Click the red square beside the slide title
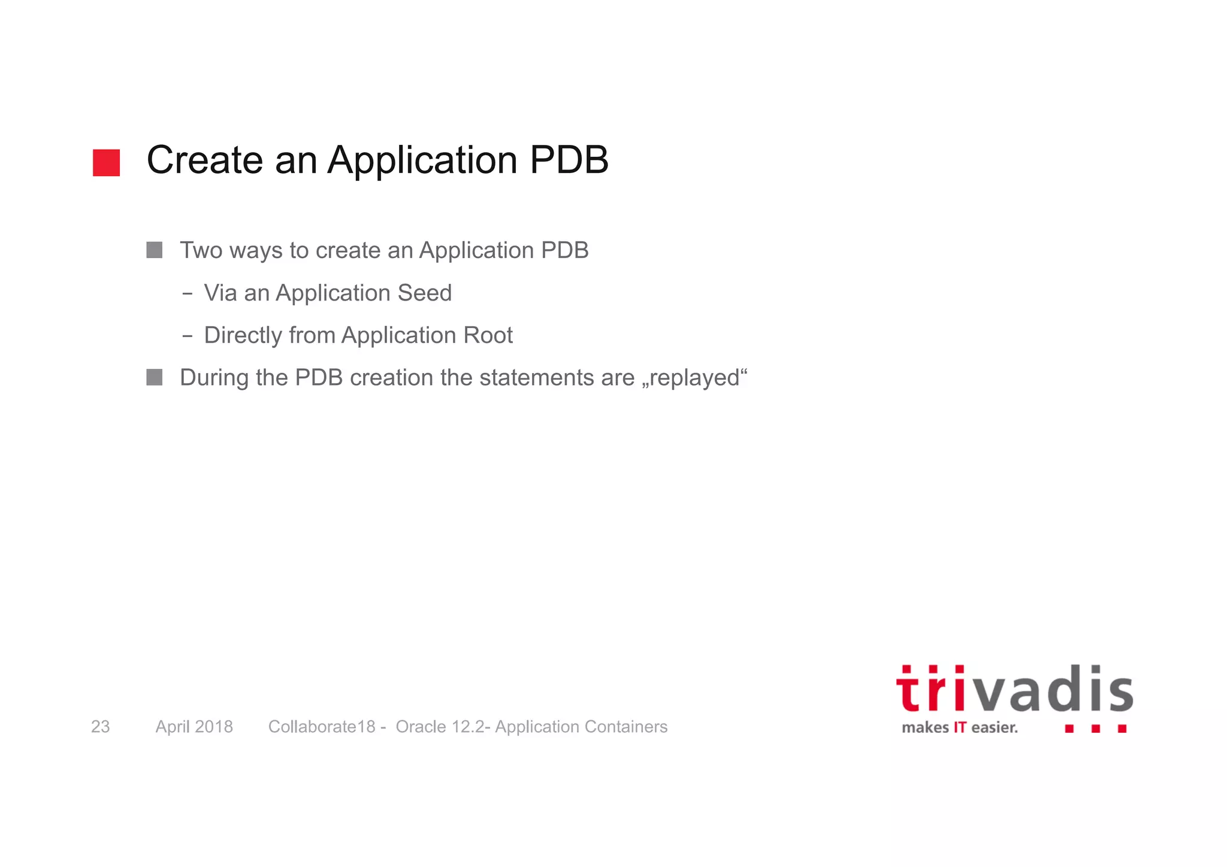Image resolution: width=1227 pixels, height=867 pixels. pos(106,163)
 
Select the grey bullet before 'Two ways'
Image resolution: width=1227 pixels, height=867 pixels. pos(155,250)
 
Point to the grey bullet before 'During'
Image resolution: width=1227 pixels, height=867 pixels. pos(155,377)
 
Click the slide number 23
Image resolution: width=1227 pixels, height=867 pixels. pos(100,726)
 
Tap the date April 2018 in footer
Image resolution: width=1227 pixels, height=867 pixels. pos(194,726)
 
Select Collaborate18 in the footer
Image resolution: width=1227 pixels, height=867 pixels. pos(322,726)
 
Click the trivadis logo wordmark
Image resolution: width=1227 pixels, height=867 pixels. pos(1014,690)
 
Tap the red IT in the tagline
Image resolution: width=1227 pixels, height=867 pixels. pos(960,727)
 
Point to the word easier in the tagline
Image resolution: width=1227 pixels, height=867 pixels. pos(994,727)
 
